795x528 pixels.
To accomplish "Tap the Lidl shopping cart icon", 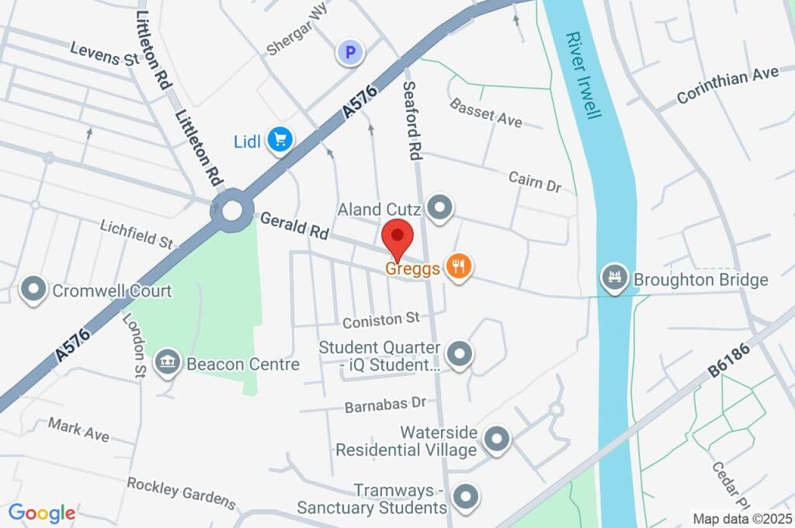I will pyautogui.click(x=279, y=140).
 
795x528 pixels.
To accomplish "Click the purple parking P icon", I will pyautogui.click(x=349, y=53).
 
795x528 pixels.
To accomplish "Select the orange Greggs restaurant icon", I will pyautogui.click(x=459, y=268).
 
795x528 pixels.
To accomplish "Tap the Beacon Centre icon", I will pyautogui.click(x=167, y=363).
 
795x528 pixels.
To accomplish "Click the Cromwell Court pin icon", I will pyautogui.click(x=33, y=290).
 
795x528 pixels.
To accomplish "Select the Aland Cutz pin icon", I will pyautogui.click(x=440, y=207).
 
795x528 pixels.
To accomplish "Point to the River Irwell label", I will pyautogui.click(x=584, y=75).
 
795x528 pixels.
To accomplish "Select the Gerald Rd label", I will pyautogui.click(x=294, y=225).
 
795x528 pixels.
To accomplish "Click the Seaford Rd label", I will pyautogui.click(x=411, y=121).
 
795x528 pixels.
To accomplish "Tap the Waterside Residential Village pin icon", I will pyautogui.click(x=495, y=440).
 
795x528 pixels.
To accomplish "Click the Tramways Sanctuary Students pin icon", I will pyautogui.click(x=464, y=495).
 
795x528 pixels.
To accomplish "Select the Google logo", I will pyautogui.click(x=42, y=512).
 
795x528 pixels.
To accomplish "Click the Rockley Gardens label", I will pyautogui.click(x=181, y=492).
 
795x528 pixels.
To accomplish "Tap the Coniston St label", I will pyautogui.click(x=381, y=318).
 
